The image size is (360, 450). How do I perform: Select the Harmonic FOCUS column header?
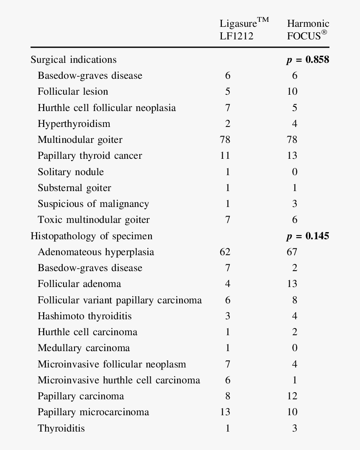pos(308,29)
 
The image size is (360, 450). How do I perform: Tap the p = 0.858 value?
pos(308,60)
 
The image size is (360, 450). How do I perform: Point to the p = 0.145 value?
pos(308,236)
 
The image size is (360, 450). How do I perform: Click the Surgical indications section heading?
pos(73,60)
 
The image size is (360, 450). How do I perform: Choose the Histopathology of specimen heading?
pos(91,236)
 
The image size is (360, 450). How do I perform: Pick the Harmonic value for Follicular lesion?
pos(292,92)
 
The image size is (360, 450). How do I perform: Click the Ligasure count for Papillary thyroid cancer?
pos(225,156)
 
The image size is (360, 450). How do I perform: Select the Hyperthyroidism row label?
pos(74,124)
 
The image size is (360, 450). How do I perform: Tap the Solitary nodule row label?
pos(70,172)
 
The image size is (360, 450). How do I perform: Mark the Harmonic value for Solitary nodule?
pos(295,172)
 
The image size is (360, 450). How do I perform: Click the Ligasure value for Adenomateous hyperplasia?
pos(225,252)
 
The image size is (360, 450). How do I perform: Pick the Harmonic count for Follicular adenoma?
pos(292,284)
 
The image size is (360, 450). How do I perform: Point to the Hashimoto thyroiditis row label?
pos(85,316)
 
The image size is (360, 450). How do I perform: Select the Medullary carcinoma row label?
pos(84,348)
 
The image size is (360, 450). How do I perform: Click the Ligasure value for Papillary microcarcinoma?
pos(225,412)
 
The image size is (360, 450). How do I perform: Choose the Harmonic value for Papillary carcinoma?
pos(292,396)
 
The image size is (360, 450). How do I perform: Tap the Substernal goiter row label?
pos(74,188)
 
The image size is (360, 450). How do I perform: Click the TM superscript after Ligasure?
pos(262,20)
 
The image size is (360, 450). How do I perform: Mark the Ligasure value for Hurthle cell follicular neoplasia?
pos(228,108)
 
